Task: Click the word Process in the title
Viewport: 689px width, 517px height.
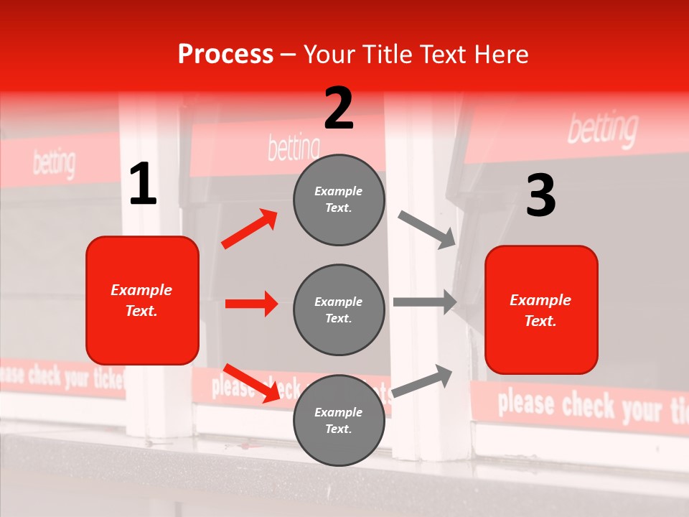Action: (x=225, y=55)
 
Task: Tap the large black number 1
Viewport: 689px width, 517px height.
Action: (x=143, y=185)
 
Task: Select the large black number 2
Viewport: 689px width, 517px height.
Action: (x=339, y=108)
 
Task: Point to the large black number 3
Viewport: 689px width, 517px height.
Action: (x=540, y=196)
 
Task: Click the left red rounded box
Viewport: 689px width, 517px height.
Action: (x=142, y=300)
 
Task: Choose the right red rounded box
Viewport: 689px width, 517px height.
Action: (x=541, y=309)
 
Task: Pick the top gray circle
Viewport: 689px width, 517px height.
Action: (x=339, y=200)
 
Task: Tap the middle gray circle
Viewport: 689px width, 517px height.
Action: (x=339, y=309)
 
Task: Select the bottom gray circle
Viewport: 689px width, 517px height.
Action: (x=339, y=420)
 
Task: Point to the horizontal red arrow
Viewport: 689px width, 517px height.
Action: (x=251, y=304)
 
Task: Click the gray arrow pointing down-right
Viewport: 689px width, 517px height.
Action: (x=427, y=229)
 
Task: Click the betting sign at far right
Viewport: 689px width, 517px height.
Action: (x=602, y=130)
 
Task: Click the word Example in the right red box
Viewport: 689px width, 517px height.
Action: (x=540, y=300)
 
